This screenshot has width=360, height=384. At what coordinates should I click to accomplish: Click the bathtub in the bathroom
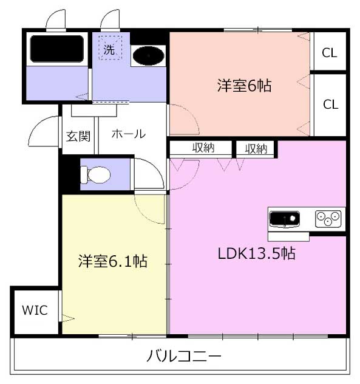point(57,49)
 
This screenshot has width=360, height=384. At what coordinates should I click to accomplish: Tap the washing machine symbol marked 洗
point(110,48)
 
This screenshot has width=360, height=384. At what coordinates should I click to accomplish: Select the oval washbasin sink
point(149,55)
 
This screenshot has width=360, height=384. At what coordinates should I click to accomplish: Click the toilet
point(96,175)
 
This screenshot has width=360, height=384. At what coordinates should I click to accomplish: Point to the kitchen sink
point(284,219)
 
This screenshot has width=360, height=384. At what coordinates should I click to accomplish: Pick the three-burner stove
point(328,219)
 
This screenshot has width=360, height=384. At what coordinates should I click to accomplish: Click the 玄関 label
point(78,136)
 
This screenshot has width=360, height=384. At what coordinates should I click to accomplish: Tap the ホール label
point(129,134)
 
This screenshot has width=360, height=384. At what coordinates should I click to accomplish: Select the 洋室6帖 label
point(244,86)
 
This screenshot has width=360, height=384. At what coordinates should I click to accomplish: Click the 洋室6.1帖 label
point(113,261)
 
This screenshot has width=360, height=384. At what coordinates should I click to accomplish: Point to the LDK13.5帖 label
point(256,253)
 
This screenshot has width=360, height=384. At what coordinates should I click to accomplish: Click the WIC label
point(35,310)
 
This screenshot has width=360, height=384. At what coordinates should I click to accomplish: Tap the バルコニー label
point(184,356)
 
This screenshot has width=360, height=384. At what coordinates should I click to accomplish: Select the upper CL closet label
point(330,53)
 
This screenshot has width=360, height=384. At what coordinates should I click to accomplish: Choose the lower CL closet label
point(331,105)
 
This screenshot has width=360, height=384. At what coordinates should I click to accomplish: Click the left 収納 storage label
point(203,148)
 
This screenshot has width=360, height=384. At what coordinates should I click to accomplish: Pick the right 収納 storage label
point(256,149)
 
